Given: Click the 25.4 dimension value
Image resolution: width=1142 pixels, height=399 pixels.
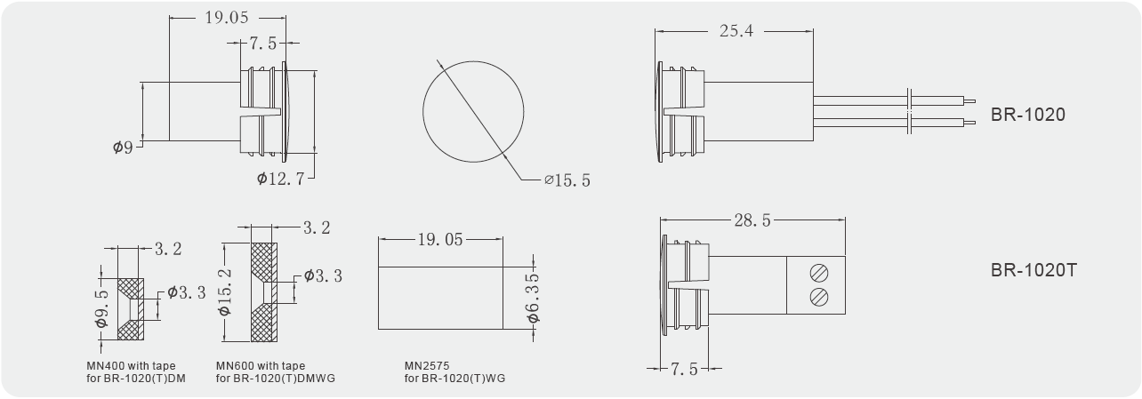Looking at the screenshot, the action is (736, 31).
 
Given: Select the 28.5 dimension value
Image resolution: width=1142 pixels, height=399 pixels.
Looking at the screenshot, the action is (752, 220).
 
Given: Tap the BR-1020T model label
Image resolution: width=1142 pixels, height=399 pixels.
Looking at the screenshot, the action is (1033, 270).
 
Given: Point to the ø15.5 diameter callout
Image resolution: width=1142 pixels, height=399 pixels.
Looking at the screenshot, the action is (567, 180).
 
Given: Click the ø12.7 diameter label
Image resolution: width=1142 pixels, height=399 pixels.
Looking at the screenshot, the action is (280, 179).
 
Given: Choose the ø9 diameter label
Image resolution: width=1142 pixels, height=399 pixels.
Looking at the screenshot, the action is (123, 148).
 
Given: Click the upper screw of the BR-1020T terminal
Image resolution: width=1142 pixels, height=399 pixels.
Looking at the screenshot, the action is (819, 273).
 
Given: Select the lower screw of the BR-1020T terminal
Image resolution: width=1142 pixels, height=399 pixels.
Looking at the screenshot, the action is (819, 297).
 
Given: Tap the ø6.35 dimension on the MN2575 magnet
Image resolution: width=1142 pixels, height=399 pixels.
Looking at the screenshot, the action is (533, 298).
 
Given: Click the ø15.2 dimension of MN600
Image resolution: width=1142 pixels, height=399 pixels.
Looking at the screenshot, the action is (225, 291).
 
